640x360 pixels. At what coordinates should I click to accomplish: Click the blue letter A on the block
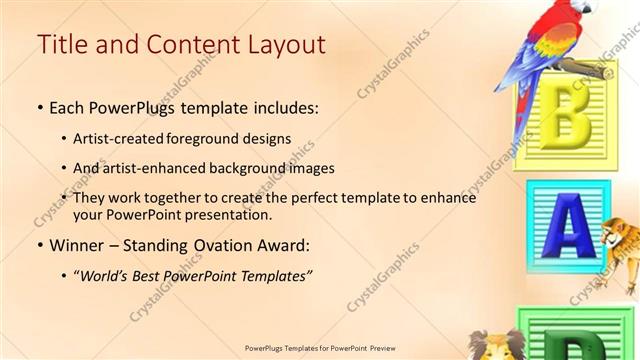pyautogui.click(x=566, y=229)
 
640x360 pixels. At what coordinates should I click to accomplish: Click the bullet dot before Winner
pyautogui.click(x=39, y=246)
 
